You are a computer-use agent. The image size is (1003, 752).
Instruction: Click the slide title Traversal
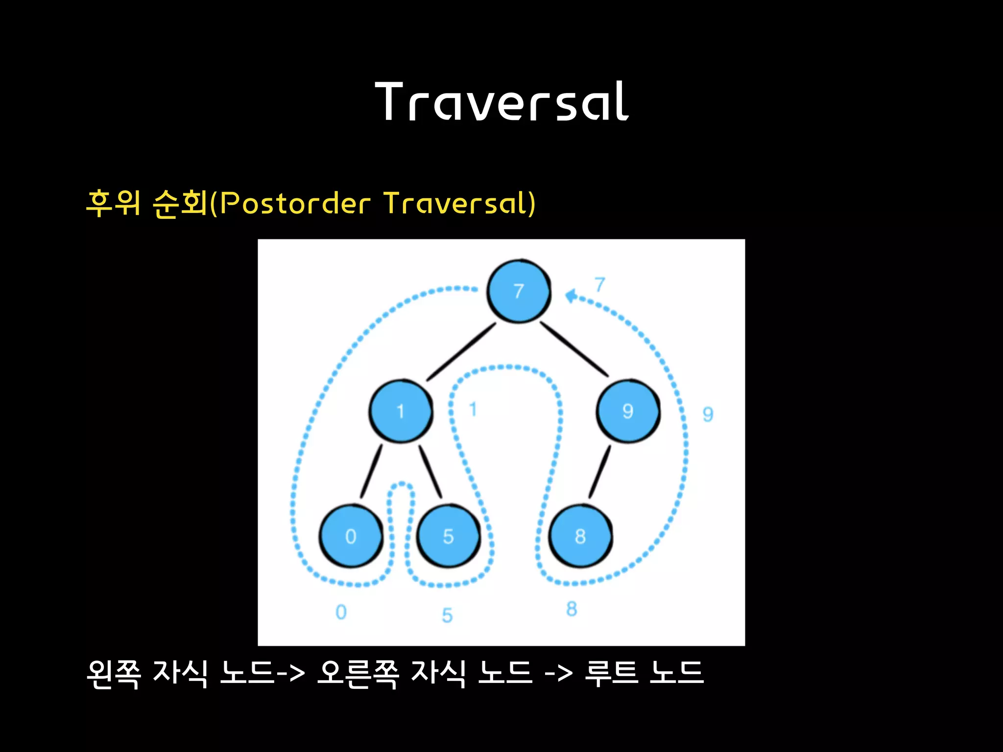point(501,102)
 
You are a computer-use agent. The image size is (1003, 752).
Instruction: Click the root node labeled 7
point(519,291)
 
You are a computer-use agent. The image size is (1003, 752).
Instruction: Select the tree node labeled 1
point(401,411)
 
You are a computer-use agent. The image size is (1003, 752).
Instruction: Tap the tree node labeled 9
point(628,411)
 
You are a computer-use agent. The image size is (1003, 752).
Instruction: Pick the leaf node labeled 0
point(351,536)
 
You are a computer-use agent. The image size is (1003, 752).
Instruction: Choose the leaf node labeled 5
point(448,536)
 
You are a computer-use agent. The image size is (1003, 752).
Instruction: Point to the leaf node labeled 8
point(580,536)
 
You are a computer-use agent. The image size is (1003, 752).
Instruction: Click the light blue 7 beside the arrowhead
point(600,284)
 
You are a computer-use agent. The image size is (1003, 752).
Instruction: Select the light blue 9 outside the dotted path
point(708,414)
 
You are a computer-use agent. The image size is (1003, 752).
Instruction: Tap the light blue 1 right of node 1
point(473,409)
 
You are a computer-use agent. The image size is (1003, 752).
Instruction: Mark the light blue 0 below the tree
point(341,612)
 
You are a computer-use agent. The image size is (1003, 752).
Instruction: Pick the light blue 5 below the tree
point(447,615)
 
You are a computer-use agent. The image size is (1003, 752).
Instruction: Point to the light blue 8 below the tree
point(572,609)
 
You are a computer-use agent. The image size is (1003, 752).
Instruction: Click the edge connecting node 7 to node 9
point(574,349)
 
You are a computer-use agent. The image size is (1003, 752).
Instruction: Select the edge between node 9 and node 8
point(600,471)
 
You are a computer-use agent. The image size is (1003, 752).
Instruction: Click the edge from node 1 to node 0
point(371,471)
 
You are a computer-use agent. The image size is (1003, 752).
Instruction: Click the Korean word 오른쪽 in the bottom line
point(358,674)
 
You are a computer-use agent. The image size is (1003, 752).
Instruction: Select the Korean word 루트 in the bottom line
point(612,674)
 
